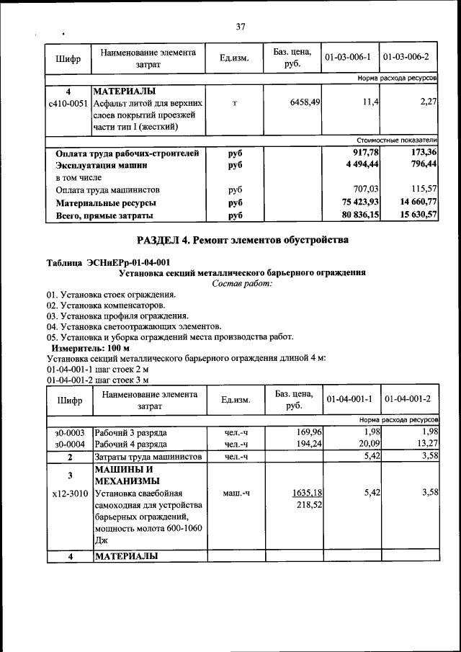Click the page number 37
241,27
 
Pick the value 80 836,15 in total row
360,215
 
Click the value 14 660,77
414,203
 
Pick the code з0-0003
70,432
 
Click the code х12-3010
69,494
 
